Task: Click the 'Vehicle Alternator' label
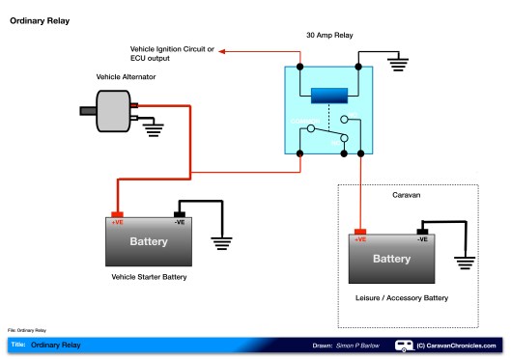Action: tap(127, 75)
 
